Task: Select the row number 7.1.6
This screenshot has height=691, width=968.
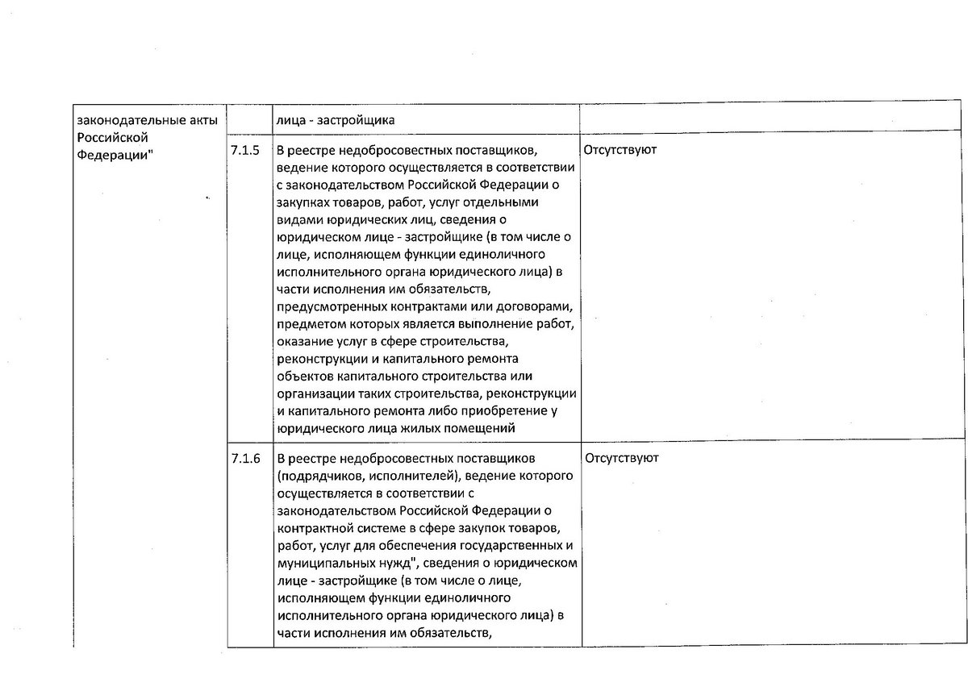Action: [x=245, y=459]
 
